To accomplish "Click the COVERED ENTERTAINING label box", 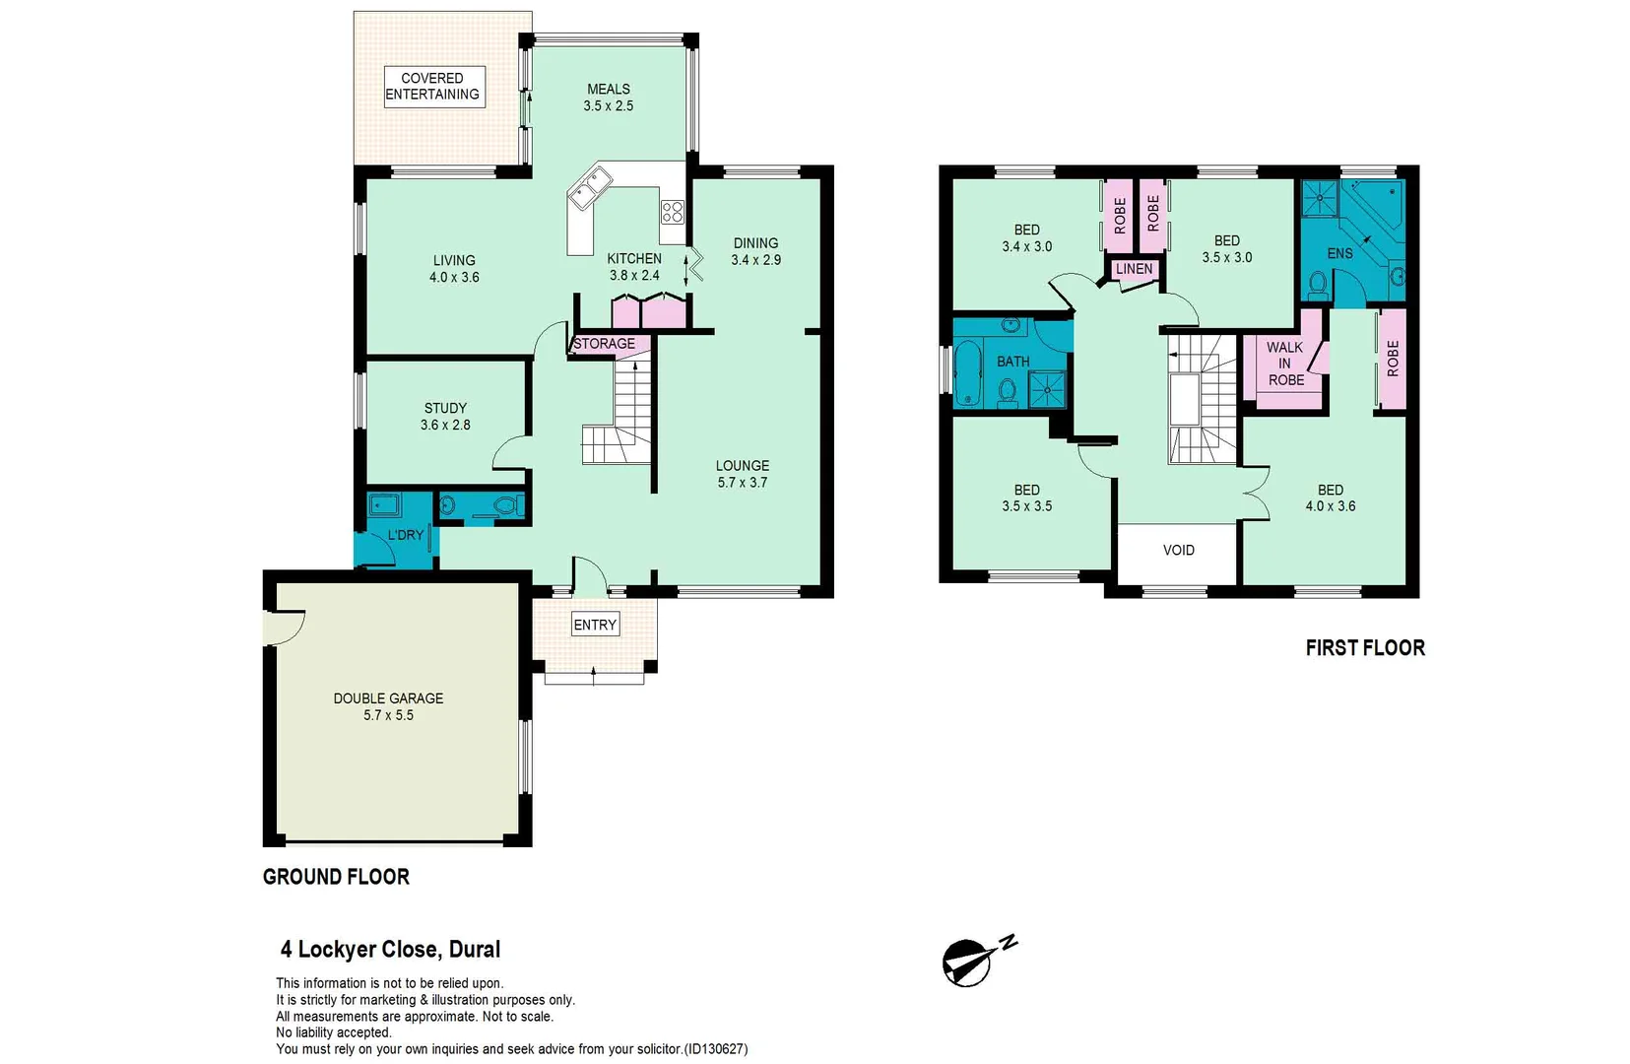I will [x=433, y=87].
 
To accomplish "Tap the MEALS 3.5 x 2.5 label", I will [x=608, y=98].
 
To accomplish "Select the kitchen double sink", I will [x=590, y=187].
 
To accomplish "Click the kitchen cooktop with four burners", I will [x=672, y=212].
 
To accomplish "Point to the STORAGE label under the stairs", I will [x=604, y=344].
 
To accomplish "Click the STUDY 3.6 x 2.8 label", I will [x=445, y=417].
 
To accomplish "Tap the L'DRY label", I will [x=405, y=535].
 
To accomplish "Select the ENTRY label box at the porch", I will [x=595, y=625].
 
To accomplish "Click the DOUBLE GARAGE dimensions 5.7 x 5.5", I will [x=388, y=715].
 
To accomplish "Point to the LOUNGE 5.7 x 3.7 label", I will [x=743, y=474].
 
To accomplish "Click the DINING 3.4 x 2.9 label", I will [x=755, y=251].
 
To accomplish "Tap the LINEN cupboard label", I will [x=1134, y=269].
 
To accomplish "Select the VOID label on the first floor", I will [x=1178, y=551].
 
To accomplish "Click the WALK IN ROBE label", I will [x=1285, y=364].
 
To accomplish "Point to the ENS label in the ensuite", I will [x=1339, y=253].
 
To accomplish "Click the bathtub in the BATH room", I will [x=967, y=373].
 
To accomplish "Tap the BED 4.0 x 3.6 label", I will [x=1330, y=498].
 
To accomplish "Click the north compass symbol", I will [x=970, y=962].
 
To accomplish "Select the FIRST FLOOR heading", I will [x=1364, y=648].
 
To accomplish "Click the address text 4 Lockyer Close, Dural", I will [x=390, y=950].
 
